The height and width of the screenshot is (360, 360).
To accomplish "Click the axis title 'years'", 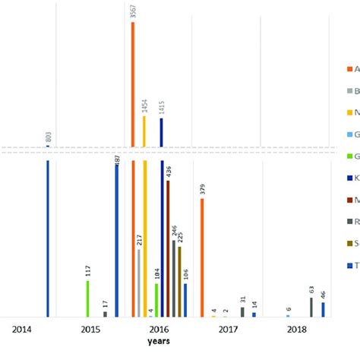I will click(159, 343).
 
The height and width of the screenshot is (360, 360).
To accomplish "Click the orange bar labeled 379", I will click(202, 258).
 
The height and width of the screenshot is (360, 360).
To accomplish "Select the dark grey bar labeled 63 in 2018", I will click(311, 307).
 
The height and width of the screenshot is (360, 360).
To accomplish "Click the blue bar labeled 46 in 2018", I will click(323, 309).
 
